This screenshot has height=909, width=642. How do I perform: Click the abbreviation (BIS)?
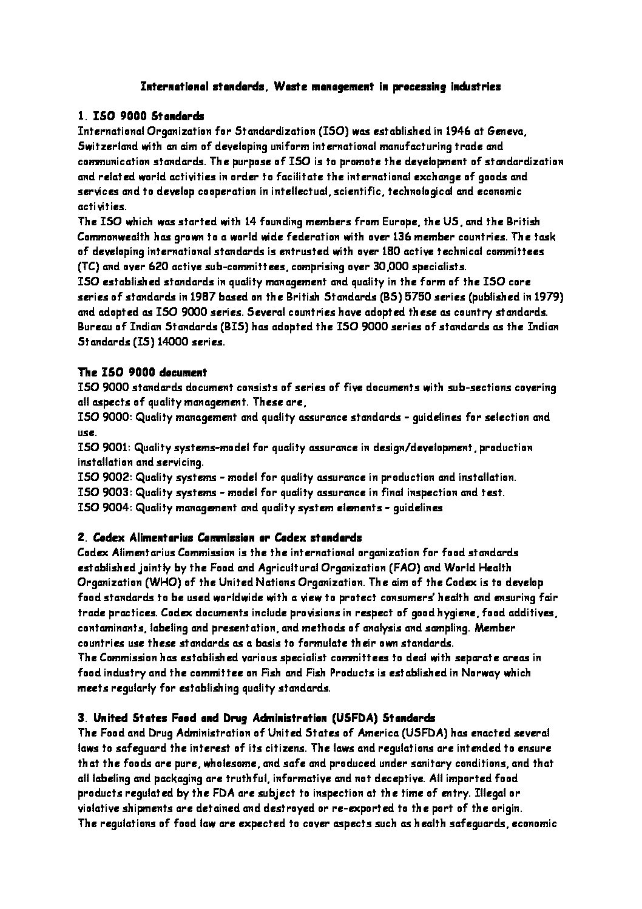(217, 327)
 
